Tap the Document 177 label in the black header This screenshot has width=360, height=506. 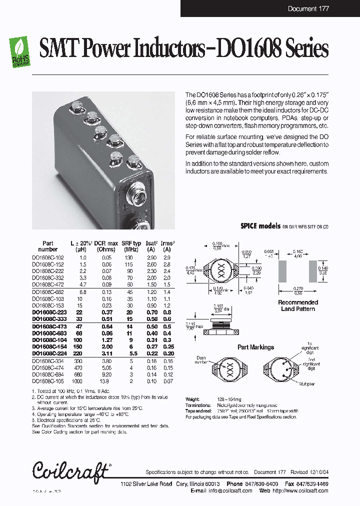(309, 8)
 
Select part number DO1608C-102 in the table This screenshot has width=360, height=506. (48, 257)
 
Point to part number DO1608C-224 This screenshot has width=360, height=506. (48, 352)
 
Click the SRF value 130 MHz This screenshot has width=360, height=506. (129, 257)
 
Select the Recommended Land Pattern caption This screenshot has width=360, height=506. (298, 305)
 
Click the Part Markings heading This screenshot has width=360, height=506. (255, 347)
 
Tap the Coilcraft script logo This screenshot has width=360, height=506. (70, 470)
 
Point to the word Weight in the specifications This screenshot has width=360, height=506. (192, 399)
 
